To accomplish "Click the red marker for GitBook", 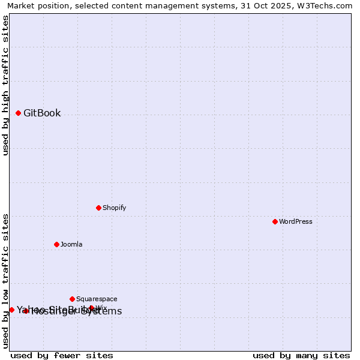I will (18, 113).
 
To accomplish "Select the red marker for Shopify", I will (98, 208).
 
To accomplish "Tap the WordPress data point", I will (275, 221).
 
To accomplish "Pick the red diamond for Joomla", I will (56, 244).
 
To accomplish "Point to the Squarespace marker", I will (72, 299).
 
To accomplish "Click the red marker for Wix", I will (91, 308).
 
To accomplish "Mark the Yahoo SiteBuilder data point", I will (11, 310).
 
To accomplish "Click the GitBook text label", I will (42, 113).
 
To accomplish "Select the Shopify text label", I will (114, 208).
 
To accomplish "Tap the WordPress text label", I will (295, 221).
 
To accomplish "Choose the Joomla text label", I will (71, 244).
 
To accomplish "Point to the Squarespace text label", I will (97, 299).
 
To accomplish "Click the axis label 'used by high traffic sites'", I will (5, 85).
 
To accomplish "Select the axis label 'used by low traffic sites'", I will (5, 281).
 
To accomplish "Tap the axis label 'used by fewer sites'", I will (62, 355).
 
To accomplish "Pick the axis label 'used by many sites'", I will (301, 355).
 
